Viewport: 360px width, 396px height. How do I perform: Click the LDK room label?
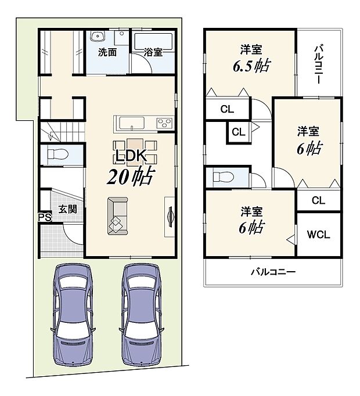coord(131,156)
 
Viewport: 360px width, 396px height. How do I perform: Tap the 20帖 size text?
coord(131,177)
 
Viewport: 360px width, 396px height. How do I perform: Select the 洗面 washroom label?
coord(107,52)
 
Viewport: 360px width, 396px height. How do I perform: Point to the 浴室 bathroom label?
coord(153,52)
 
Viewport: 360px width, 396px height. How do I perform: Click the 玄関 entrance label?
coord(67,209)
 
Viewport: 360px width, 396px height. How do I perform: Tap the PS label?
coord(45,217)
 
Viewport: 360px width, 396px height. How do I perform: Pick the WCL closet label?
coord(318,235)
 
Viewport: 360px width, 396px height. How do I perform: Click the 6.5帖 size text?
coord(251,66)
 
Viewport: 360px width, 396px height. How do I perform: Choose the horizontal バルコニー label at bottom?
coord(273,272)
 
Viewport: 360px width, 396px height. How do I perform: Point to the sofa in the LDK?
coord(118,216)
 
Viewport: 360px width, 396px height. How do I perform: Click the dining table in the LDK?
coord(135,152)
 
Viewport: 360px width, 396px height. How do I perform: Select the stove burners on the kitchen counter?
coord(165,123)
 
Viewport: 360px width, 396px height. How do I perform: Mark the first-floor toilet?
coord(58,154)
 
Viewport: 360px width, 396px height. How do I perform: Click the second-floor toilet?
coord(224,177)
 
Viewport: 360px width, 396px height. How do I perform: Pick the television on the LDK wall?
coord(171,217)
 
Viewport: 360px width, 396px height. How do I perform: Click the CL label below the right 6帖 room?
coord(318,200)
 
